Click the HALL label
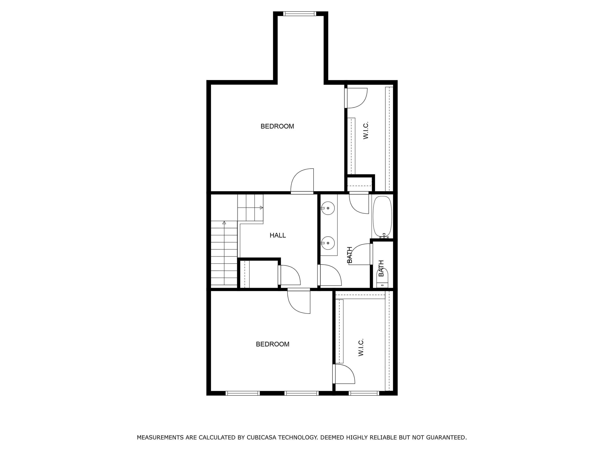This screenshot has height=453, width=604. pyautogui.click(x=277, y=235)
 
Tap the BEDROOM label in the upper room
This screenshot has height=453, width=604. pyautogui.click(x=277, y=126)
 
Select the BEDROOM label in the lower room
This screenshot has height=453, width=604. pyautogui.click(x=273, y=344)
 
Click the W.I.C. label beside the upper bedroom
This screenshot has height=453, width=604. pyautogui.click(x=366, y=131)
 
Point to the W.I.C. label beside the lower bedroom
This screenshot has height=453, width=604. pyautogui.click(x=361, y=348)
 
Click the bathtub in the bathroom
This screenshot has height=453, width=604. pyautogui.click(x=382, y=216)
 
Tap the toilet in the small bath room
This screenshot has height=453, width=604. pyautogui.click(x=382, y=276)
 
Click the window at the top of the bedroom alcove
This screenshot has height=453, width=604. pyautogui.click(x=300, y=14)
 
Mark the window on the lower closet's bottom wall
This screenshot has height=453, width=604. pyautogui.click(x=364, y=393)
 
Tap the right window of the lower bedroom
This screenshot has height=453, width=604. pyautogui.click(x=301, y=393)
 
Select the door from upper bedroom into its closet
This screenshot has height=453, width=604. pyautogui.click(x=356, y=98)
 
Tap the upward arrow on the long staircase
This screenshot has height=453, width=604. pyautogui.click(x=224, y=223)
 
